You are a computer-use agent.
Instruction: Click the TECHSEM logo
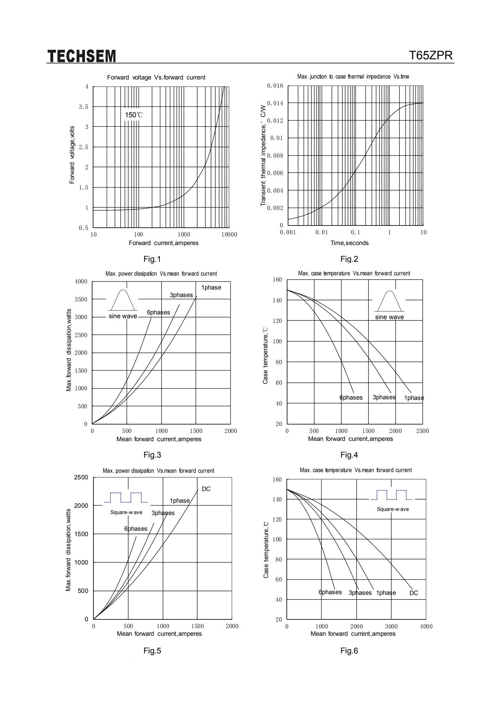[82, 56]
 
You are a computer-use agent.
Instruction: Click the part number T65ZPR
[431, 56]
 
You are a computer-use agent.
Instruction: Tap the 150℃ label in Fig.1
[134, 115]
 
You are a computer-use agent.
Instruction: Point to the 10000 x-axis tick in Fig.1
[229, 234]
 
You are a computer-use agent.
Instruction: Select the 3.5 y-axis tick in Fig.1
[84, 107]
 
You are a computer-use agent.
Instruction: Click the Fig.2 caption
[349, 259]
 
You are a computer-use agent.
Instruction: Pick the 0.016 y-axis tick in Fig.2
[275, 86]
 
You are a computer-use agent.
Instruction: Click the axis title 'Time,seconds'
[350, 243]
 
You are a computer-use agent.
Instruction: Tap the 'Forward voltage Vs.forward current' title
[156, 77]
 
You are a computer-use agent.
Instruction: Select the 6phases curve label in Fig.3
[158, 312]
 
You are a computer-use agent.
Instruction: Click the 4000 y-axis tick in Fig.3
[81, 281]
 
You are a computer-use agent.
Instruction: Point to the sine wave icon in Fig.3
[123, 300]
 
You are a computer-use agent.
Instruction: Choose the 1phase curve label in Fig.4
[414, 398]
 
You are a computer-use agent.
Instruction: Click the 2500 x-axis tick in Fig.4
[422, 431]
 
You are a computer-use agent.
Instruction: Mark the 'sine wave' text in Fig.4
[389, 317]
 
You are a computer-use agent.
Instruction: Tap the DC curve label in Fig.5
[206, 489]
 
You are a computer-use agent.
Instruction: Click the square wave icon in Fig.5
[126, 497]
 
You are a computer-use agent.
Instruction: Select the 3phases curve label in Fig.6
[360, 593]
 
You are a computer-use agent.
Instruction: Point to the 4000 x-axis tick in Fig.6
[426, 626]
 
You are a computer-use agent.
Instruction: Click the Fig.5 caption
[152, 651]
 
